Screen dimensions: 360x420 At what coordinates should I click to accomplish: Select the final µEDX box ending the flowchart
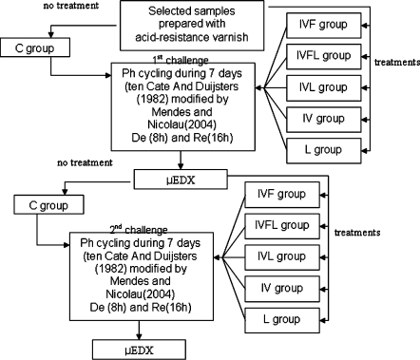[x=140, y=349]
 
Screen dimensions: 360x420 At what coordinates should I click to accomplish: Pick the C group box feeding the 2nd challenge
[x=54, y=203]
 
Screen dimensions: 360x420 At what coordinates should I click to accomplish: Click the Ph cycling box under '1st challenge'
[x=170, y=103]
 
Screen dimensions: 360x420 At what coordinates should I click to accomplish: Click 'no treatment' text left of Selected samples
[x=32, y=9]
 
